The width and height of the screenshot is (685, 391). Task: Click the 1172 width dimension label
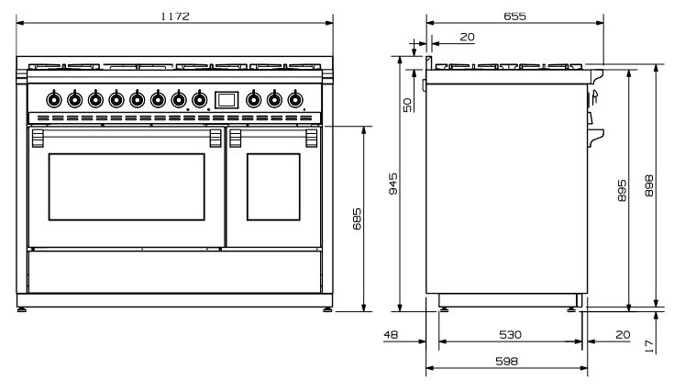(175, 17)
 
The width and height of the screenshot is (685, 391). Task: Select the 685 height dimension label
(357, 218)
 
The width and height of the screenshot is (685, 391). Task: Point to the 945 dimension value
(393, 184)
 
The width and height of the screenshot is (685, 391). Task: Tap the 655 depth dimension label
(515, 17)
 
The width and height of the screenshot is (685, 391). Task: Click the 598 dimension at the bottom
(507, 362)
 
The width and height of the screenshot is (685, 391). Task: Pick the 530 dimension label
(510, 335)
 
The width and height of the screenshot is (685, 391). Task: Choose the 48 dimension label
(391, 335)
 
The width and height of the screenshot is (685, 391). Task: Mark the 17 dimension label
(649, 346)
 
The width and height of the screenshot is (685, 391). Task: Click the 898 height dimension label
(649, 185)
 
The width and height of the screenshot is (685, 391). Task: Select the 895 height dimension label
(622, 191)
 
